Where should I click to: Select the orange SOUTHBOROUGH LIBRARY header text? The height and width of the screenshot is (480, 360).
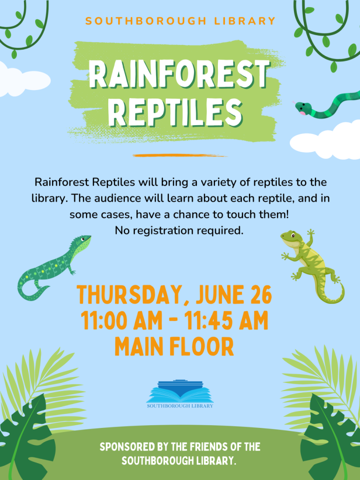(180, 21)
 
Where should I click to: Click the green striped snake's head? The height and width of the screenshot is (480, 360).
(302, 108)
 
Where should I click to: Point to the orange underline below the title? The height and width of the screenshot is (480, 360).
(180, 155)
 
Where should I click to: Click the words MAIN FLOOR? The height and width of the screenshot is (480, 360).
(174, 347)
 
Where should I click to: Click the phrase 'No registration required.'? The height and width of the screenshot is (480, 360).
(180, 230)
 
